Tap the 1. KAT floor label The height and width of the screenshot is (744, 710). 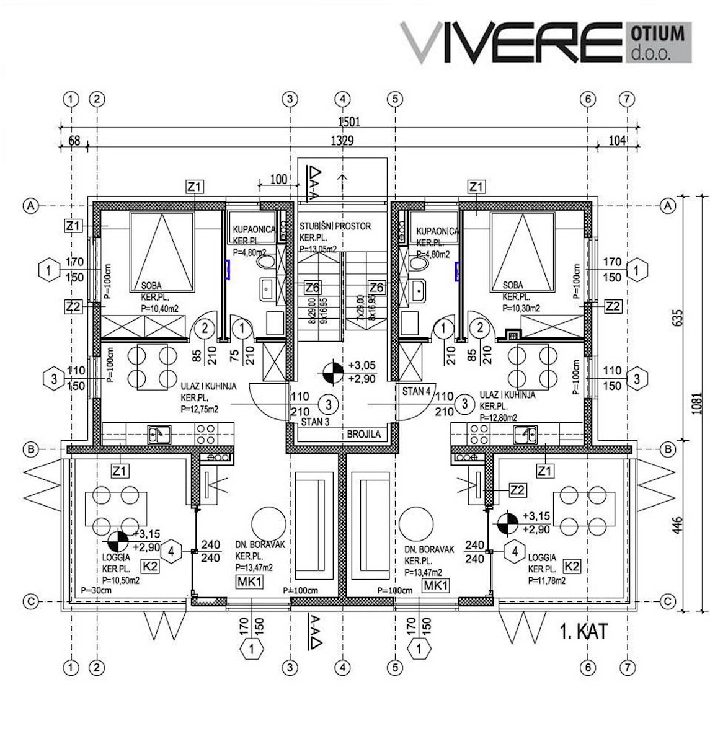click(583, 632)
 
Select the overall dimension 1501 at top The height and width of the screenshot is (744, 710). click(349, 122)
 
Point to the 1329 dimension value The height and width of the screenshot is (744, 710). click(340, 141)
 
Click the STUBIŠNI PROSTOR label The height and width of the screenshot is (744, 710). click(335, 226)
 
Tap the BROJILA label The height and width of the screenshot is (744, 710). click(364, 435)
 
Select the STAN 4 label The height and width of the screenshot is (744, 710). click(416, 391)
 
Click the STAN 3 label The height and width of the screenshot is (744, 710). click(314, 422)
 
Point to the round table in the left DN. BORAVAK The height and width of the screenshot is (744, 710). click(268, 521)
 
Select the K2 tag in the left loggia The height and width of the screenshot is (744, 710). click(151, 566)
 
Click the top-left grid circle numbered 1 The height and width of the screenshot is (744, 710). click(72, 99)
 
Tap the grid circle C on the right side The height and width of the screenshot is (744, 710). click(668, 601)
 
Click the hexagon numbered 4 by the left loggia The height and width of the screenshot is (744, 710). click(173, 550)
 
